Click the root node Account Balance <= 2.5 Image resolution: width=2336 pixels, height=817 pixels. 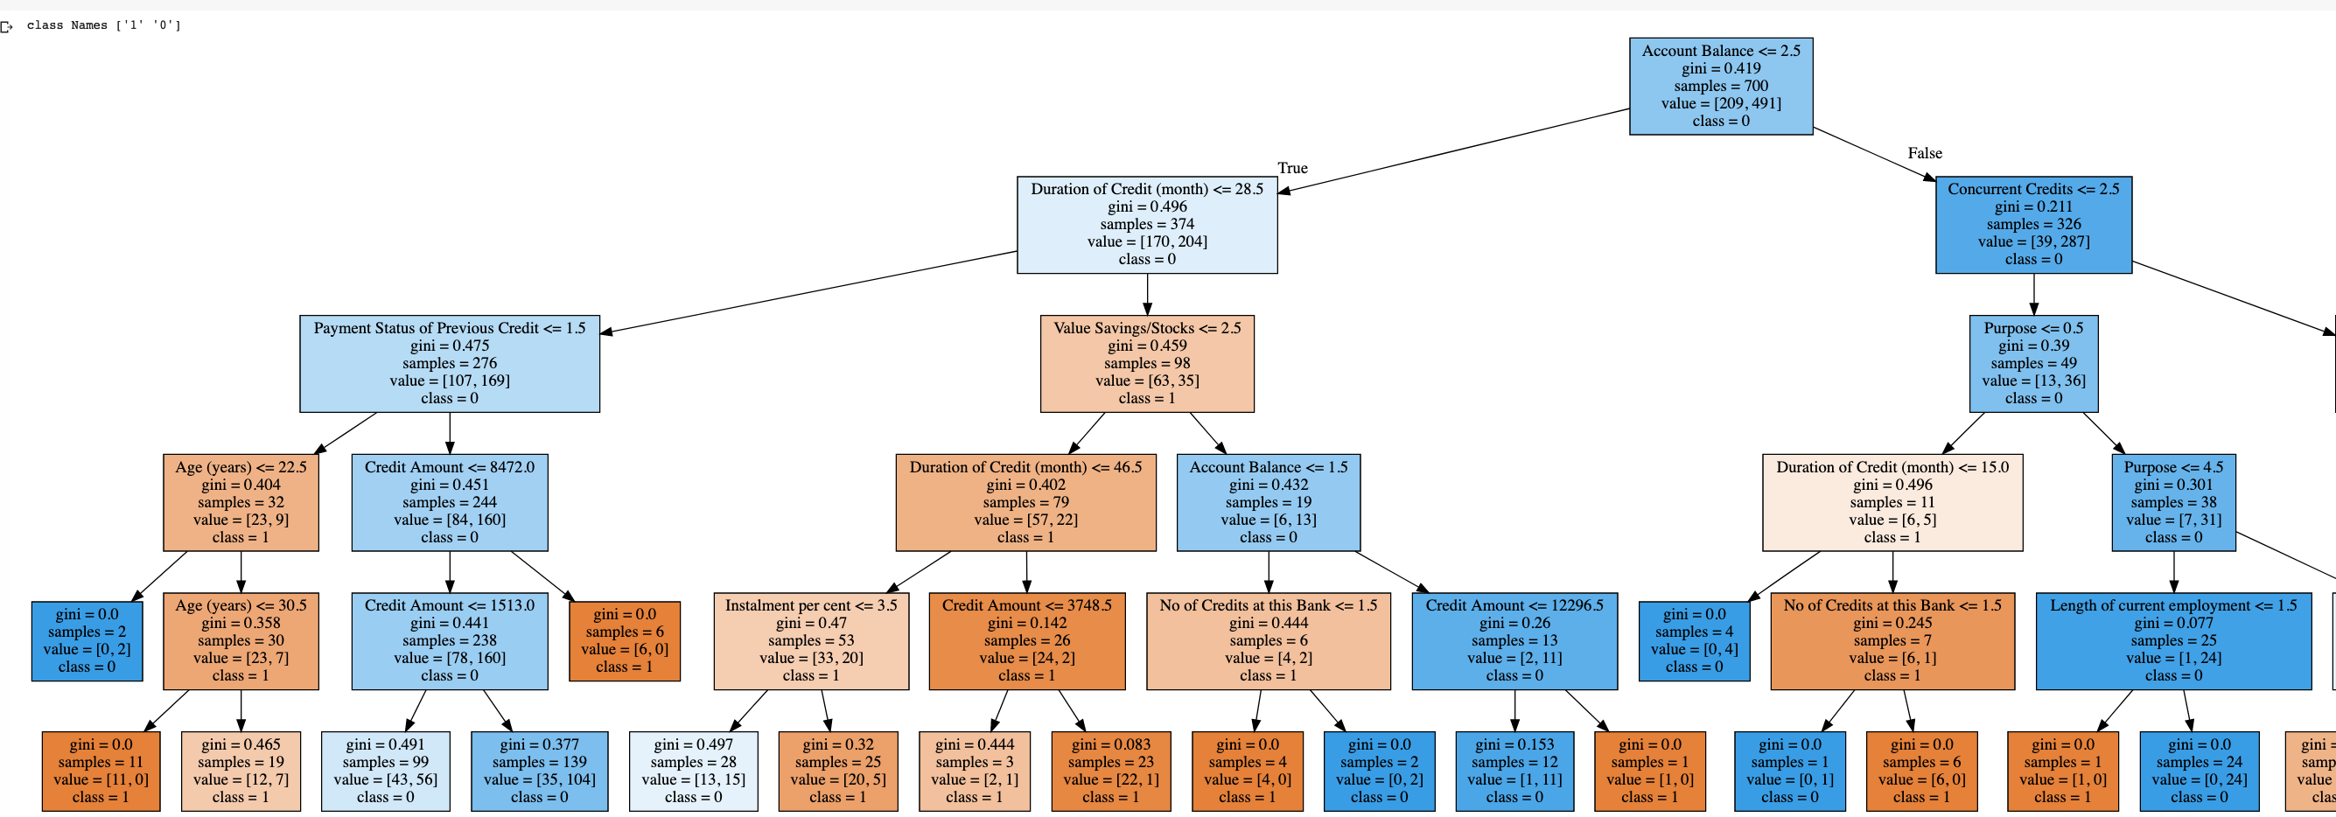1720,86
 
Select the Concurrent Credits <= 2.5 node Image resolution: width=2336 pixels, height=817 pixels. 2033,225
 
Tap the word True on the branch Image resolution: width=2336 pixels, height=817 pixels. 1292,168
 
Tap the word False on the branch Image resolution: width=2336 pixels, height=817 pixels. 1924,153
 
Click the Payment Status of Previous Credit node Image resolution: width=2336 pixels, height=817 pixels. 449,364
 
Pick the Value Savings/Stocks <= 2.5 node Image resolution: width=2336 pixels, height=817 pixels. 1146,364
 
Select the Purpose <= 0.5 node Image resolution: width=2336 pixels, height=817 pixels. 2033,364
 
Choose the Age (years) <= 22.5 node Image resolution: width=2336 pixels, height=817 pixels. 241,502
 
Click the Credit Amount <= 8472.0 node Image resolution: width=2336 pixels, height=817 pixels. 449,502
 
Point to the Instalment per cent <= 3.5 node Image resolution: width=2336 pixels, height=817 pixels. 811,641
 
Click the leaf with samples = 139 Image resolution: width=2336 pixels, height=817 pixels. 539,771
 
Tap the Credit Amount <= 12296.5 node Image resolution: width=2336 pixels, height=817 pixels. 1514,641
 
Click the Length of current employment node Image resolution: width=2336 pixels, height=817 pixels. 2172,641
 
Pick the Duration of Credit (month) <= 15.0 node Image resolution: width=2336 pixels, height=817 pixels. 1892,502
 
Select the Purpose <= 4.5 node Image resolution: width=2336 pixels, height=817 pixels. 2172,502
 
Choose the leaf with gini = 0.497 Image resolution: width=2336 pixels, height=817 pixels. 693,771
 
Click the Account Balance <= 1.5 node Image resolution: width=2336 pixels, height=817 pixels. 1268,502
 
